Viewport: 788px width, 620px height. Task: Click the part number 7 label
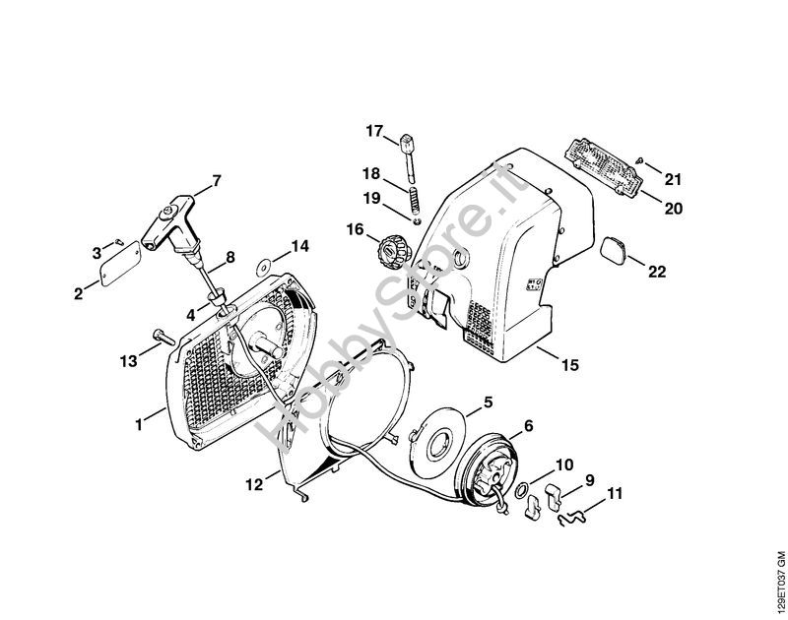(x=217, y=180)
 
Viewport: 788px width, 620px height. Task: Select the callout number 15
(x=569, y=365)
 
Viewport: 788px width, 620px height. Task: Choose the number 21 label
(x=673, y=178)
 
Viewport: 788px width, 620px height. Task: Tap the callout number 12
(x=254, y=483)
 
